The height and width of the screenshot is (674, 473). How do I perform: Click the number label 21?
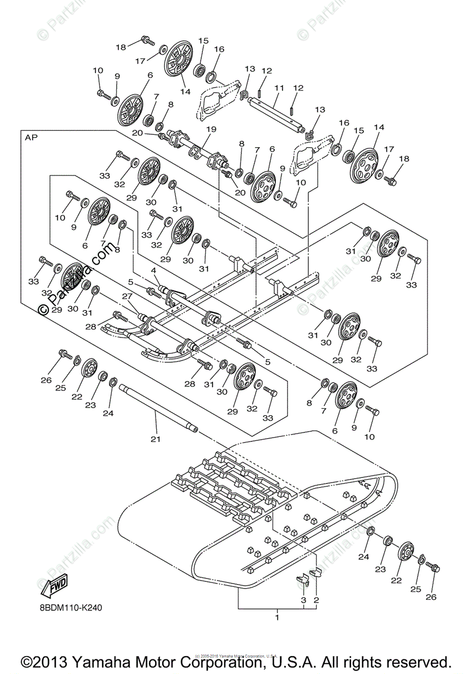coord(156,439)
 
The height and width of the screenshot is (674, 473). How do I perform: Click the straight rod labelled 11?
coord(275,113)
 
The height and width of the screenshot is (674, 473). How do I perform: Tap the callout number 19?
coord(211,130)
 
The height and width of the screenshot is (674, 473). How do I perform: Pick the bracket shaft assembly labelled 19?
coord(197,149)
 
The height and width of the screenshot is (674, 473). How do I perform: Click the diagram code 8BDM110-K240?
coord(71,608)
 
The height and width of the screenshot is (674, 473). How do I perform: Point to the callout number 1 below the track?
coord(276,617)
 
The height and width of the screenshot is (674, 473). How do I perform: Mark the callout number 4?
coord(153,271)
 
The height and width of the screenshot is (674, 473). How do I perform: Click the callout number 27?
coord(127,296)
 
